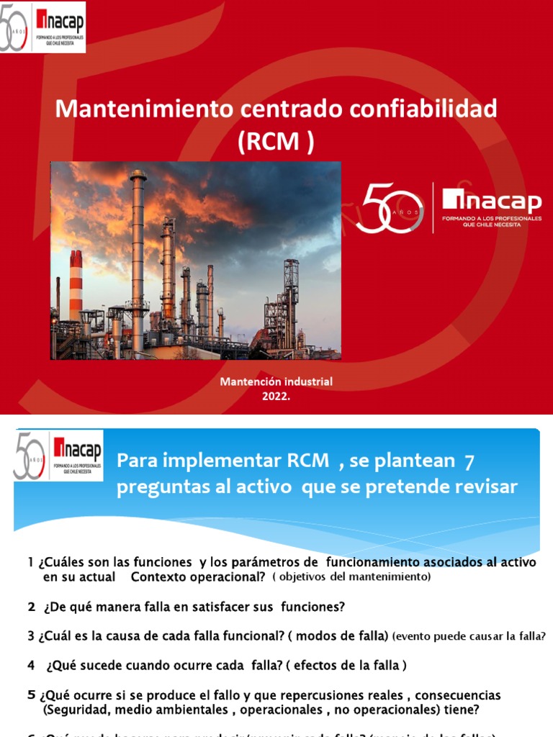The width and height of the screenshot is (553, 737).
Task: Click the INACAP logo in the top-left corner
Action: tap(43, 27)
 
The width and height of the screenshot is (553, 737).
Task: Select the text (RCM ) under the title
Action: tap(276, 142)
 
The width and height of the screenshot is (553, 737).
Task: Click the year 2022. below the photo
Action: tap(276, 395)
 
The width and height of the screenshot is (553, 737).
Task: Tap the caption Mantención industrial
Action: tap(276, 381)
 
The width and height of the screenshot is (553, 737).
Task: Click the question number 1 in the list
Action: tap(31, 562)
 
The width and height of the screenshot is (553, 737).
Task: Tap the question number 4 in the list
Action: tap(31, 666)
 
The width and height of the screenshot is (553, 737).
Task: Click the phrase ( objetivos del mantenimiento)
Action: tap(351, 577)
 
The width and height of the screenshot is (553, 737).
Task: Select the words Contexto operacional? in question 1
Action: tap(199, 577)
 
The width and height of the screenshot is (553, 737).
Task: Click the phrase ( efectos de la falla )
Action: tap(346, 666)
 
